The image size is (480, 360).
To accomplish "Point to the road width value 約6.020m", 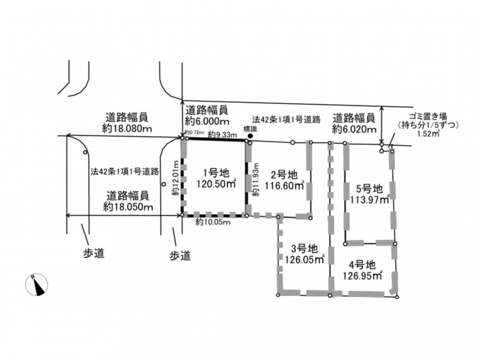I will coord(354,128).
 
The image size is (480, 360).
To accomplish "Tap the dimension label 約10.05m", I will coord(213,222).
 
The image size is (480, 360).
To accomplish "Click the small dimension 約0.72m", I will coord(194,133).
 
